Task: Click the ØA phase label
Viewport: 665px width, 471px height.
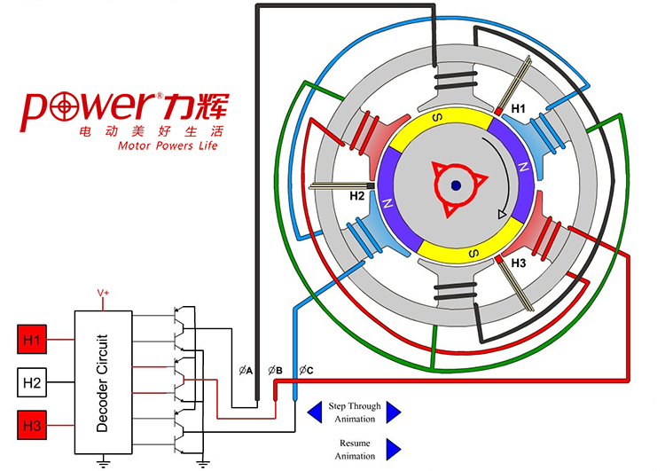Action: coord(246,370)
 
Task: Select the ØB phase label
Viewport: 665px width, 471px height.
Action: coord(276,370)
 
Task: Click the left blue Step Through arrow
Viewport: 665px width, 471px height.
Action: coord(315,412)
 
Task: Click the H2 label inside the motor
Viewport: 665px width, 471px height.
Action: coord(358,195)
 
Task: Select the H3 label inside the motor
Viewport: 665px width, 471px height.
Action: coord(520,264)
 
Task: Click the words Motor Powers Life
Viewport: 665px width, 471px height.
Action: coord(168,145)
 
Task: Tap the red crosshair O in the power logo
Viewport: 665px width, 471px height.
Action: coord(66,106)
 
